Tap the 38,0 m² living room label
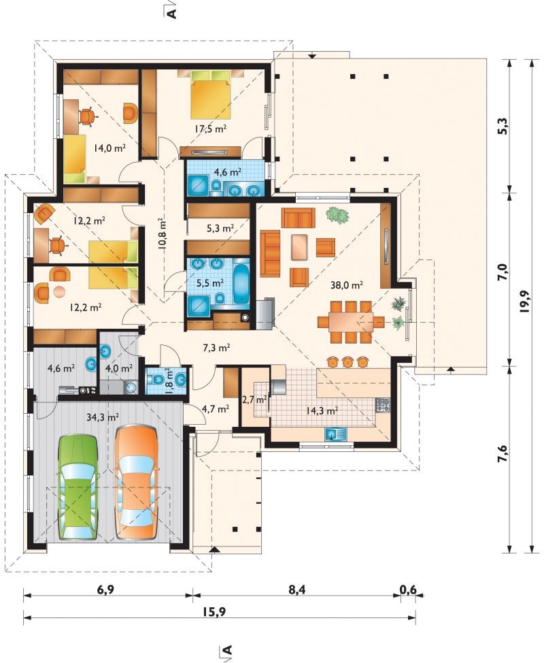coord(347,285)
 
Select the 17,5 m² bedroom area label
coord(211,129)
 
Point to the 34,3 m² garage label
coord(103,417)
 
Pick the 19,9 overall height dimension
coord(525,302)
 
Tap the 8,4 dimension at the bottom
coord(297,589)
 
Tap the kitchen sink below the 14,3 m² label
coord(335,434)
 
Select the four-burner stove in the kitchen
coord(383,406)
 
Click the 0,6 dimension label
coord(409,589)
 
